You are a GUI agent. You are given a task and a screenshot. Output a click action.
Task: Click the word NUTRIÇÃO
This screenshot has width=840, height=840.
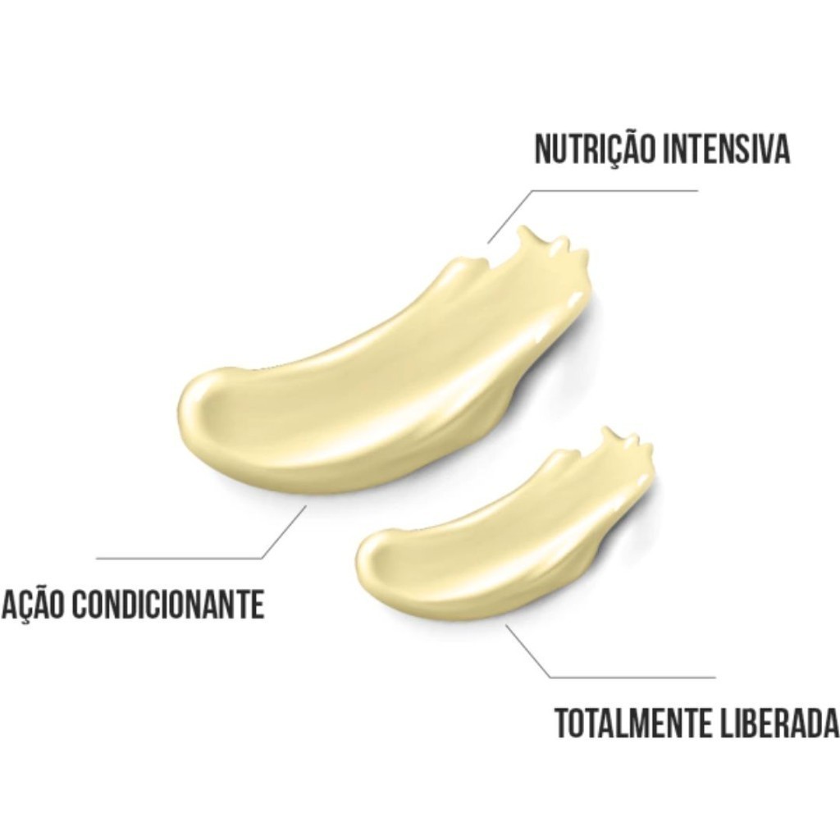(x=595, y=149)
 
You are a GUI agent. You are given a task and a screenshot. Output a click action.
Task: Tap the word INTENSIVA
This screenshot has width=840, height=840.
(x=726, y=149)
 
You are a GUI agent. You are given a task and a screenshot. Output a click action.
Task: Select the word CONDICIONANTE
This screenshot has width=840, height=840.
(x=168, y=605)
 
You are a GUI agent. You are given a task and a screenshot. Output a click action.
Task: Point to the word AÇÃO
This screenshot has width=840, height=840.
(x=34, y=605)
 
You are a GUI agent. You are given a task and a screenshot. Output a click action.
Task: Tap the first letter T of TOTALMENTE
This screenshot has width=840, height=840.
(x=563, y=723)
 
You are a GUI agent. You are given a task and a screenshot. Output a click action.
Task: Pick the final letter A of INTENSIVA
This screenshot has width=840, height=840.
(x=781, y=149)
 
